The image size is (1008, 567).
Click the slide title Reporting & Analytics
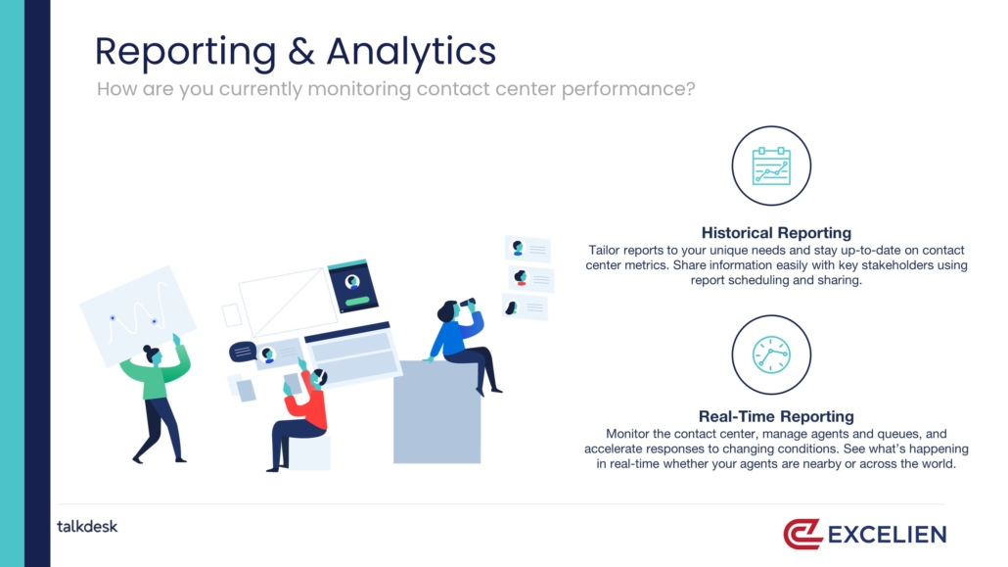coord(296,52)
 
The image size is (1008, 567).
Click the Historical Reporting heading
coord(776,232)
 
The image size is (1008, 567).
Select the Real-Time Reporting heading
coord(776,416)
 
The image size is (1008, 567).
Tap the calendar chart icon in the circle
coord(771,166)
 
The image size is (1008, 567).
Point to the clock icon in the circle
coord(771,354)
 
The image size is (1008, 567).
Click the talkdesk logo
coord(87,527)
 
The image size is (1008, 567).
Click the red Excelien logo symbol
coord(802,534)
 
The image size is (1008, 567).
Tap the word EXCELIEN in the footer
coord(888,534)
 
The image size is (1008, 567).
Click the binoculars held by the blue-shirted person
coord(467,302)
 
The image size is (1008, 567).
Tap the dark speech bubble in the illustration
coord(243,352)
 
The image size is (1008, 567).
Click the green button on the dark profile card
coord(357,301)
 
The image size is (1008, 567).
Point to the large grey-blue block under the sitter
coord(436,412)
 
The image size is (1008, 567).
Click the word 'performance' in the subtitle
coord(627,89)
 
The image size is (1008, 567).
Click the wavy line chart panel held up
coord(138,314)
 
